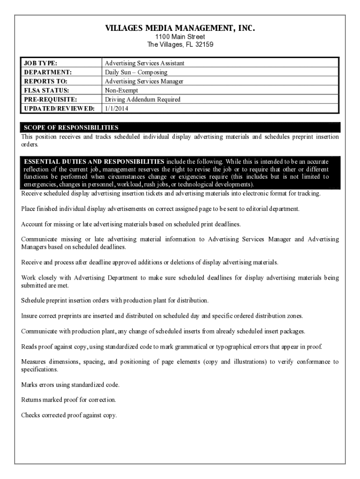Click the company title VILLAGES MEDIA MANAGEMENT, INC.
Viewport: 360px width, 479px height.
click(180, 29)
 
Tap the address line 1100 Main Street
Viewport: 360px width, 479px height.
click(180, 37)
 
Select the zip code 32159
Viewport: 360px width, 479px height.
click(203, 44)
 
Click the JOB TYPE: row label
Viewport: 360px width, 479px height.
click(41, 63)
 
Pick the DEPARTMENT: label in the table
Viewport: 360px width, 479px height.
click(48, 73)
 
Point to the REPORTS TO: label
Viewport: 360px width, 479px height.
click(45, 81)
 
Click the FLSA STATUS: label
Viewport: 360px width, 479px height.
click(46, 90)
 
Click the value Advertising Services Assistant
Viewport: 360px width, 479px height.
click(144, 63)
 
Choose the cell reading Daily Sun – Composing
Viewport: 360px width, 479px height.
click(136, 73)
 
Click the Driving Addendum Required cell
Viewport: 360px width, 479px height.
click(142, 99)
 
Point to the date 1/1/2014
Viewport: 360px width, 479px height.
click(116, 109)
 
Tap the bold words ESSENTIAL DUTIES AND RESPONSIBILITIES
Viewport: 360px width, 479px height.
click(94, 161)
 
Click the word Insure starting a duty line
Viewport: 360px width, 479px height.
click(29, 316)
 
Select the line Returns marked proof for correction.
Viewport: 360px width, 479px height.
click(69, 400)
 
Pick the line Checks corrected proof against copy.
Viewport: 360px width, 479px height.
click(69, 415)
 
